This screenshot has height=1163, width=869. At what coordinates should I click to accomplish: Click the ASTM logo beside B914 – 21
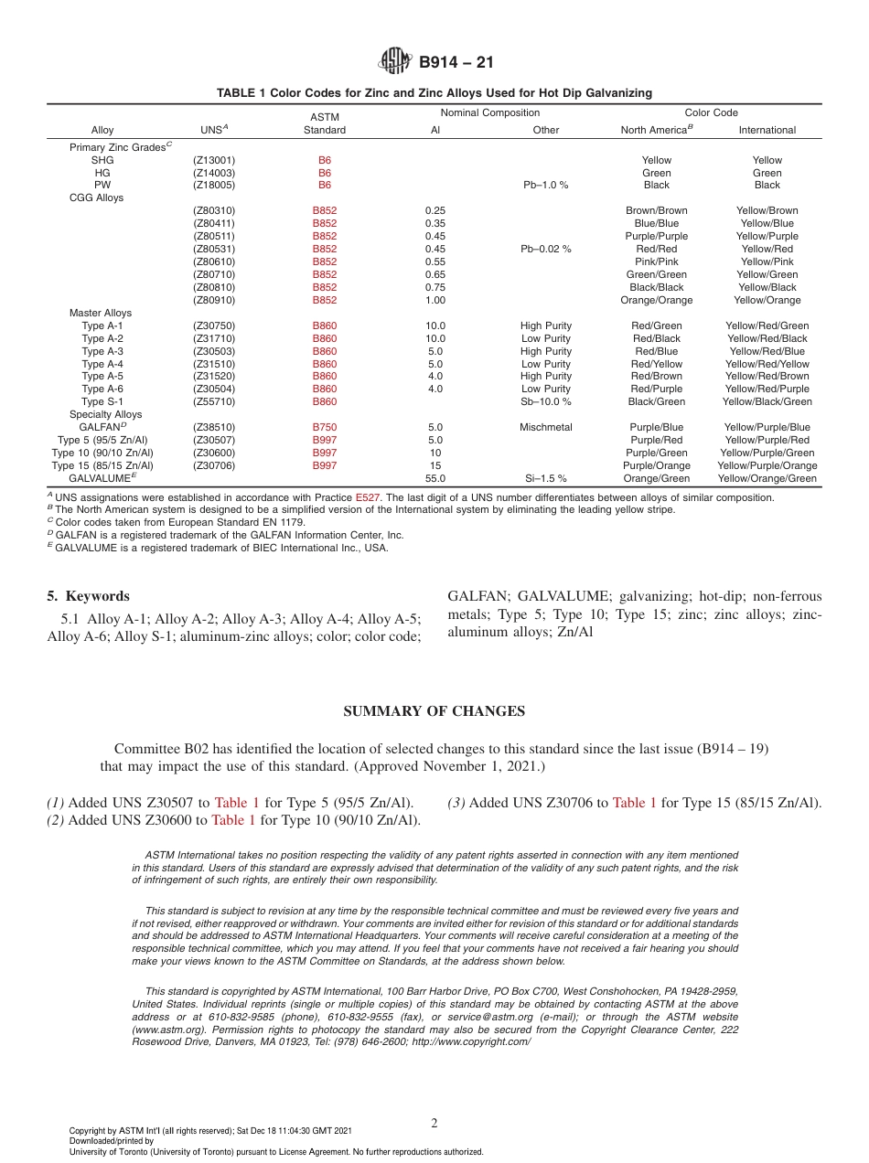pos(396,62)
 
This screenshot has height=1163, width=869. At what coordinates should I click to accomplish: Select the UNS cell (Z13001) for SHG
pos(214,160)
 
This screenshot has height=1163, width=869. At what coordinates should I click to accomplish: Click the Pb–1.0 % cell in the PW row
pos(545,185)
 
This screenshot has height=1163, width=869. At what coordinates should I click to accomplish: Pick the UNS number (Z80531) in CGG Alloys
pos(214,249)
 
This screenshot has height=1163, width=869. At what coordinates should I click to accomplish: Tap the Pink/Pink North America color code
pos(656,261)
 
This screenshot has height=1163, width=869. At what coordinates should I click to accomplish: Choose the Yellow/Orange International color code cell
pos(767,300)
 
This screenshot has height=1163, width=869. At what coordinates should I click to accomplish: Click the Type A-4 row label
pos(102,364)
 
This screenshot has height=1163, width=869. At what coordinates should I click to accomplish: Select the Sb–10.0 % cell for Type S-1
pos(545,401)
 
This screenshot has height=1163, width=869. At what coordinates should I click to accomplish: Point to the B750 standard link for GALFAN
pos(324,427)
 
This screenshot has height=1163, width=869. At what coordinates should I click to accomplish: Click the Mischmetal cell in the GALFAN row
pos(545,427)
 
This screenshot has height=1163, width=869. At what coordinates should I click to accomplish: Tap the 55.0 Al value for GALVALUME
pos(435,478)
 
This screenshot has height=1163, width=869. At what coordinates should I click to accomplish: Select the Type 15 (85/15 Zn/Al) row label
pos(102,465)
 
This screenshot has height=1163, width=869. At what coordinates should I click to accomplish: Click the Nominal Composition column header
pos(489,112)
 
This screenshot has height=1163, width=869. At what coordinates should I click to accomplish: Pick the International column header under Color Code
pos(767,130)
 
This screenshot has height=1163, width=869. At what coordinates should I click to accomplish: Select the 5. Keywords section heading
pos(88,596)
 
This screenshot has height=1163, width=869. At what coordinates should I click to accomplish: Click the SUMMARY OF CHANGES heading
pos(434,711)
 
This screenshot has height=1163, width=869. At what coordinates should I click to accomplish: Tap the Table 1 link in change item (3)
pos(634,803)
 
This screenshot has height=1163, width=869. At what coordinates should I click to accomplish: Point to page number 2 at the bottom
pos(434,1123)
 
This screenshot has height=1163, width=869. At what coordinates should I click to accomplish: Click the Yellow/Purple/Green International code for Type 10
pos(767,453)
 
